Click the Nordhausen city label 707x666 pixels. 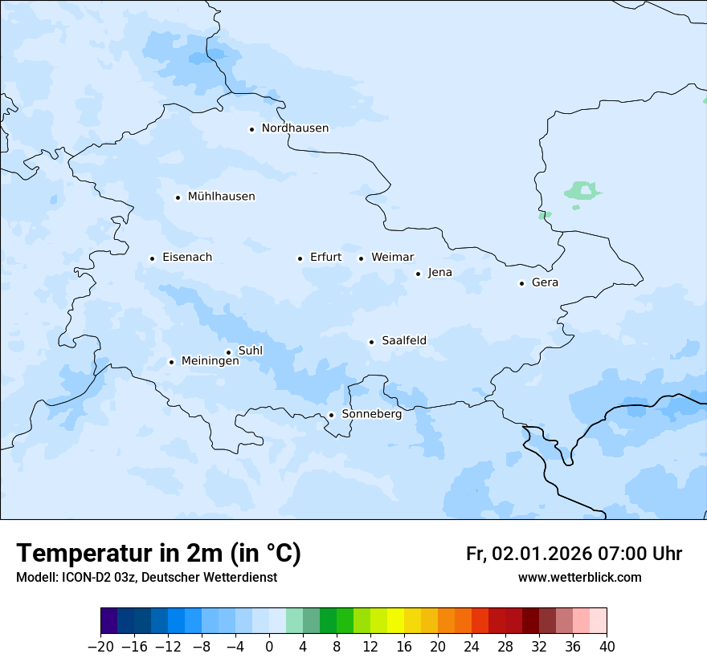point(295,128)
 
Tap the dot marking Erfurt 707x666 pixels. point(300,258)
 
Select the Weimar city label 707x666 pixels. point(392,258)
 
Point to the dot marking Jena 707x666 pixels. point(418,274)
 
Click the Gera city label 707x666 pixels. point(545,282)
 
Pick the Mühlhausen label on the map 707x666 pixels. point(221,197)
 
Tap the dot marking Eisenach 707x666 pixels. point(152,258)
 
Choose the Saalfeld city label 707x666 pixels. point(403,341)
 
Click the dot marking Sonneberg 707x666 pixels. point(331,415)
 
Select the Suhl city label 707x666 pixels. point(251,351)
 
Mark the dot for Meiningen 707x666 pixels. point(171,362)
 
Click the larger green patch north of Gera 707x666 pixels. point(582,191)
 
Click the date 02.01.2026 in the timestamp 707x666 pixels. point(541,554)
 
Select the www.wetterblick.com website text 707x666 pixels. point(579,577)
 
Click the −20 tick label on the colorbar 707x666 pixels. point(100,647)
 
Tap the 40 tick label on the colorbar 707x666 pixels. point(607,647)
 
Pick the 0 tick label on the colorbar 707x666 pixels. point(269,647)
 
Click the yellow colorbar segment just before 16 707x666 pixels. point(395,621)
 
